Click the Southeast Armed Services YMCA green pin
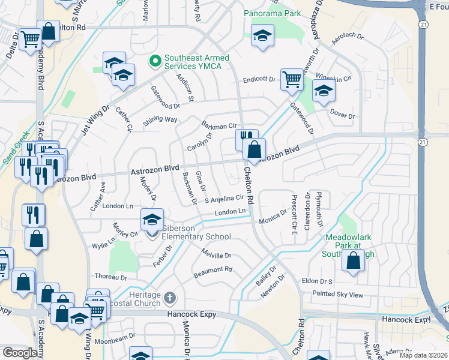click(x=154, y=61)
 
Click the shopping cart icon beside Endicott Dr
click(x=292, y=78)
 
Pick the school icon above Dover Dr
click(x=324, y=91)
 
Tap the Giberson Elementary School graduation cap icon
click(x=152, y=220)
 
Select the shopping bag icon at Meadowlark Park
click(x=354, y=261)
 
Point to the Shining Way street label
click(x=160, y=120)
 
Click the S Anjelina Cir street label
click(x=224, y=199)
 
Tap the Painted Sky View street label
click(x=337, y=295)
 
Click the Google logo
click(x=20, y=353)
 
